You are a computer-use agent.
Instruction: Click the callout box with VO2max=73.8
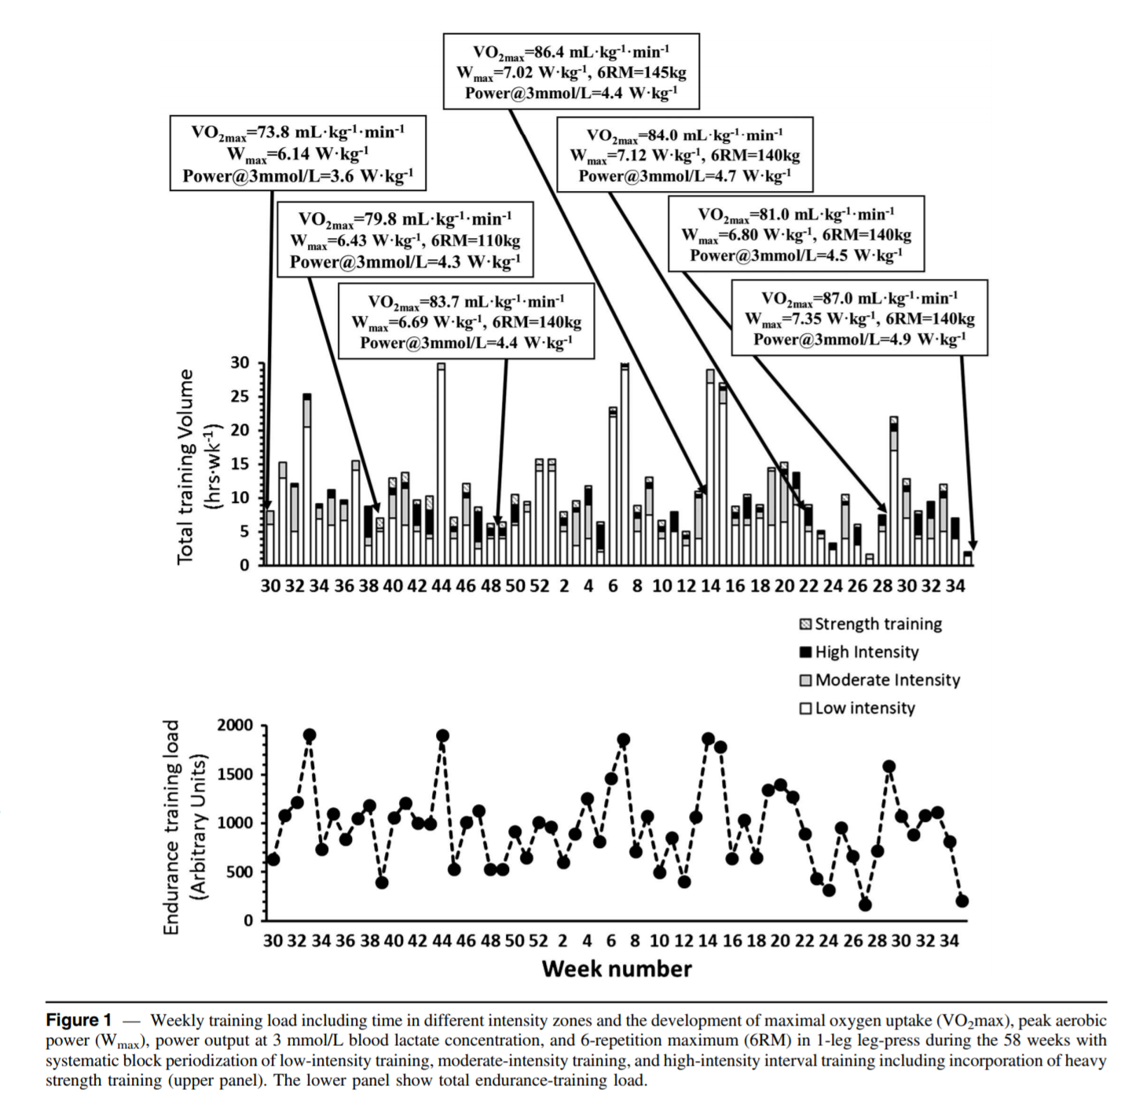(298, 152)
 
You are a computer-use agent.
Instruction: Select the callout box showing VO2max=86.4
(571, 71)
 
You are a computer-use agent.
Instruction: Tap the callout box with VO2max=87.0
(859, 318)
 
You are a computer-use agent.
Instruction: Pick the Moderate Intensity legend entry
(879, 680)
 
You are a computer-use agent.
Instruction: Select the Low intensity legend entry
(857, 708)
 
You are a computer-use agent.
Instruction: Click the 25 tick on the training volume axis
(240, 397)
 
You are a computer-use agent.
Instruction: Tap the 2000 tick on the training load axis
(235, 725)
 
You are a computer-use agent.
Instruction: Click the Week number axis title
(617, 969)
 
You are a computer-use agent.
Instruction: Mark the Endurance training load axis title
(185, 827)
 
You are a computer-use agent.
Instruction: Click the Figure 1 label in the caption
(78, 1020)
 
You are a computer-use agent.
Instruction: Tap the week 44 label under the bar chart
(441, 586)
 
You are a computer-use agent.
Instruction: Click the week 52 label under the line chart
(538, 941)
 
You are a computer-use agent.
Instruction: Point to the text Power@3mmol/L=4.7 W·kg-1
(684, 176)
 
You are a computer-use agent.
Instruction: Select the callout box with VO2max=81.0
(796, 234)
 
